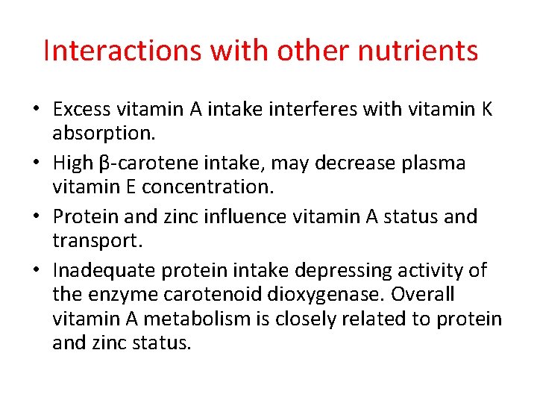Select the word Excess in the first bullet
tap(81, 110)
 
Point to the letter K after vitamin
tap(486, 110)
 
